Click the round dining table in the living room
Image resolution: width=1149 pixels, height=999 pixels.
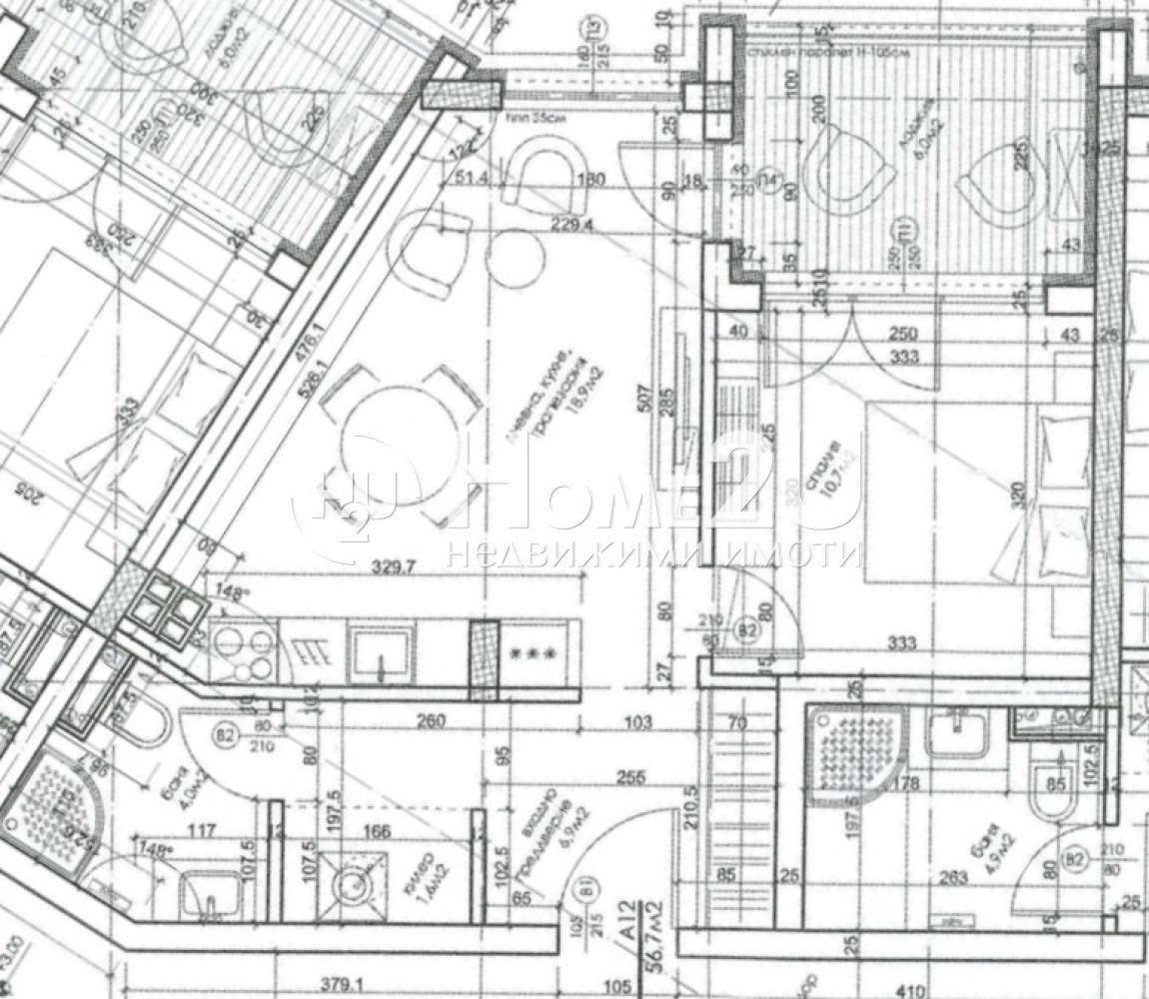(398, 444)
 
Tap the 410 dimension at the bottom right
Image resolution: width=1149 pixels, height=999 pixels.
(911, 990)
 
